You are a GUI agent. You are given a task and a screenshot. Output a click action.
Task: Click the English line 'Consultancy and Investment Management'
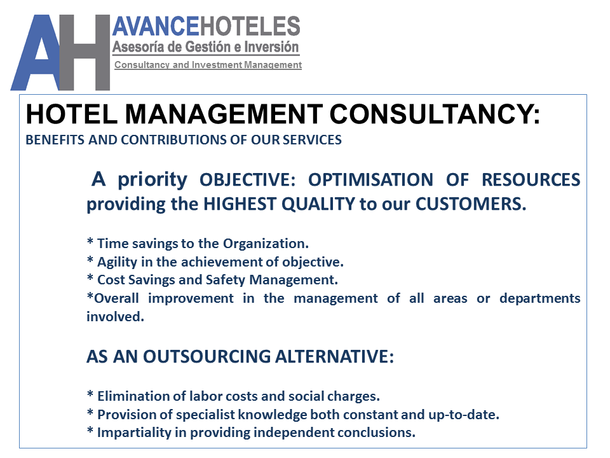click(x=208, y=65)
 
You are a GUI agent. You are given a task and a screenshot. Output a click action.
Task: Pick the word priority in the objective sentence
click(x=152, y=180)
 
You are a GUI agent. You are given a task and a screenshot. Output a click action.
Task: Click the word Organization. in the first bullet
click(x=266, y=243)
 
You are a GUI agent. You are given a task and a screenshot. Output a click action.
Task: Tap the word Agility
click(x=118, y=261)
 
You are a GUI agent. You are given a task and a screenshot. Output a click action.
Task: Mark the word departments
click(x=539, y=298)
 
